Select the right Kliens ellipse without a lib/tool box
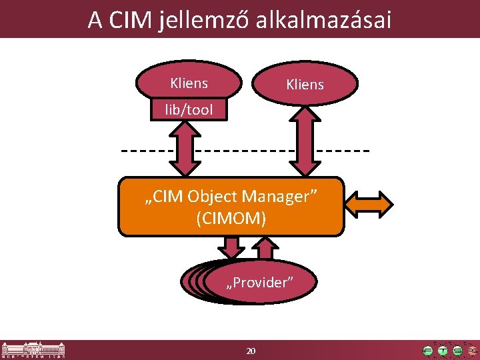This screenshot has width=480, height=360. click(305, 84)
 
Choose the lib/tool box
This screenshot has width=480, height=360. click(189, 110)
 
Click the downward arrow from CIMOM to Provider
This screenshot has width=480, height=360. click(232, 247)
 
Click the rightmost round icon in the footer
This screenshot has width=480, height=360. click(472, 350)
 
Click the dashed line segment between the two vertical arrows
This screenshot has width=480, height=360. click(243, 150)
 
